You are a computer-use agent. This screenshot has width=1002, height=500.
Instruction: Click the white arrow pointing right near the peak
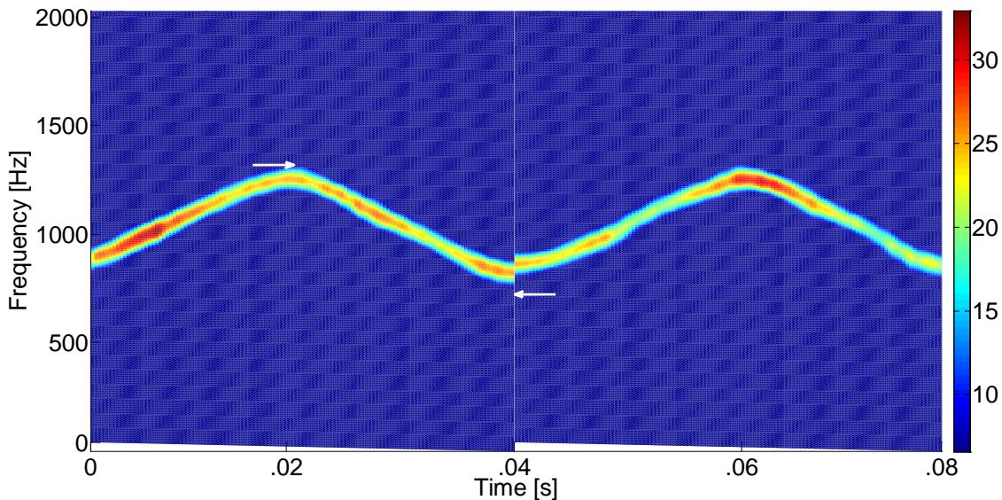(x=274, y=165)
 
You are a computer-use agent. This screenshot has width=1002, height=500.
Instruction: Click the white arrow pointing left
(x=535, y=294)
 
